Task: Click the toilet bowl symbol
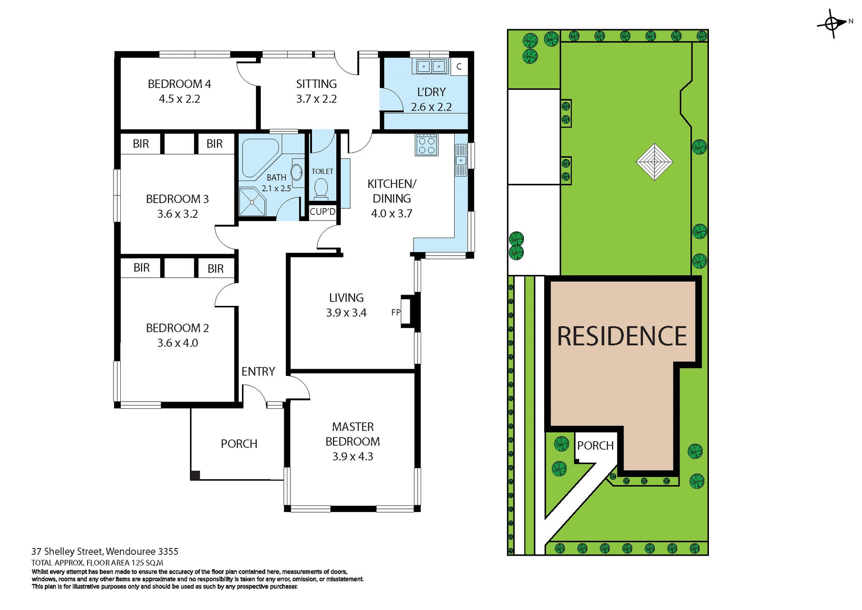pos(321,188)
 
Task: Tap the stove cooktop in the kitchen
pos(426,145)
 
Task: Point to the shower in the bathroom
pos(252,202)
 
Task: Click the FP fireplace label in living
pos(395,312)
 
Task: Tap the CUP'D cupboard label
pos(322,212)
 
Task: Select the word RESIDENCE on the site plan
pos(622,336)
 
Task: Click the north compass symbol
pos(831,23)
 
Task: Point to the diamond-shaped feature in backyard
pos(654,162)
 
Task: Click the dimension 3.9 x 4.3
pos(352,456)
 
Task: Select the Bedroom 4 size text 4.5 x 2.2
pos(179,99)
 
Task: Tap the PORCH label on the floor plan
pos(239,444)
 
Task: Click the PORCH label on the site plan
pos(595,446)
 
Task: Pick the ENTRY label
pos(258,371)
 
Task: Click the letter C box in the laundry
pos(459,67)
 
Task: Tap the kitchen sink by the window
pos(461,160)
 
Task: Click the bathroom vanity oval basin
pos(297,172)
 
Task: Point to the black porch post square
pos(195,475)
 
